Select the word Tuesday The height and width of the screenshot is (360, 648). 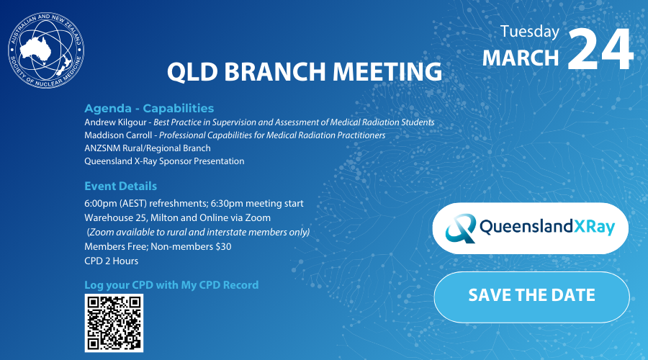point(529,32)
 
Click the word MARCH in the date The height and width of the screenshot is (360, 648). point(521,58)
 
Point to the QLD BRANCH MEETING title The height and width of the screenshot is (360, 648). point(304,72)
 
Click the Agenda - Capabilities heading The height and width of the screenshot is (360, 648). point(149,109)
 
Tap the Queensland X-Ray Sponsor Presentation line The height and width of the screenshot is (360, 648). point(164,161)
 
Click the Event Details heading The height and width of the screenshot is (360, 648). point(120,186)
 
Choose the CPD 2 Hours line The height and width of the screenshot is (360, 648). point(111,261)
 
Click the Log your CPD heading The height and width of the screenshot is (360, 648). point(171,285)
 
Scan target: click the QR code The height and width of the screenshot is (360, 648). point(114,323)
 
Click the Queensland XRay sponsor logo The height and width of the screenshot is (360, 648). point(530,228)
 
